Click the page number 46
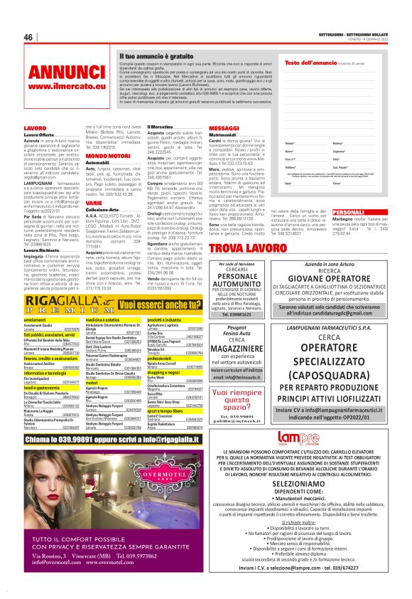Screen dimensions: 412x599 tap(28, 37)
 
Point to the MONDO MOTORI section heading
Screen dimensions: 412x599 tap(107, 154)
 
